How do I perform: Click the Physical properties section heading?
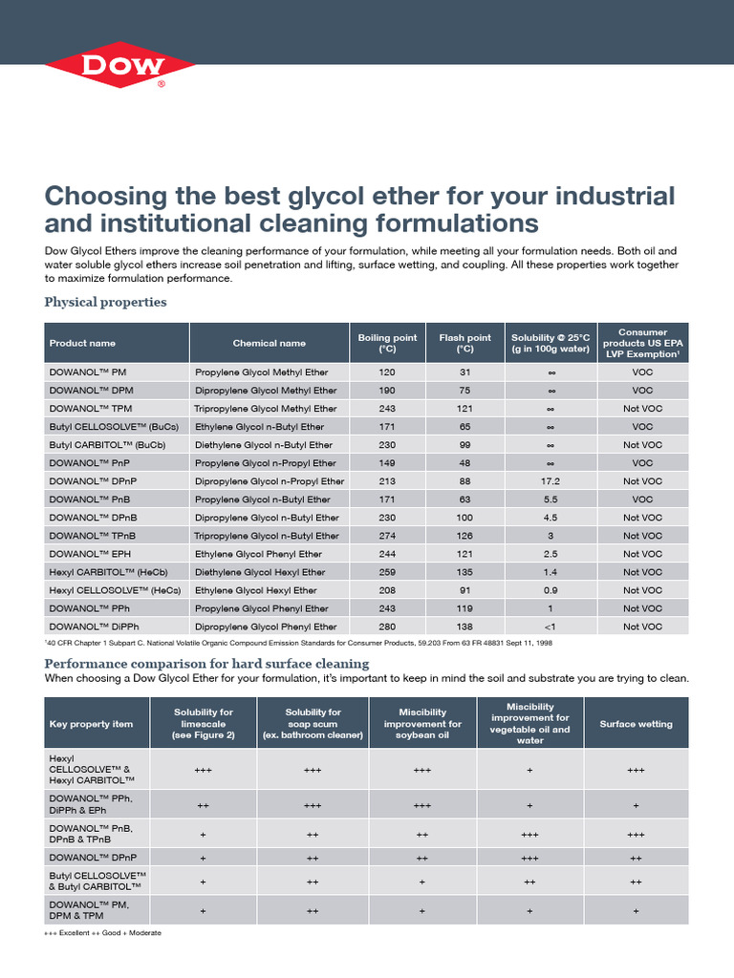click(x=106, y=302)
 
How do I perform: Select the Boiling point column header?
click(x=387, y=343)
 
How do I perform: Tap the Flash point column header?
click(x=464, y=343)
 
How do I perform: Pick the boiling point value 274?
click(x=387, y=536)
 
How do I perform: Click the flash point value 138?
click(x=464, y=627)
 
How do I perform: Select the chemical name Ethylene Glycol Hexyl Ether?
click(x=257, y=590)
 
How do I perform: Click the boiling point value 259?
click(x=387, y=572)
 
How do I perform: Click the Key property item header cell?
click(x=92, y=724)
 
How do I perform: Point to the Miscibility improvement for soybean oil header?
click(x=422, y=724)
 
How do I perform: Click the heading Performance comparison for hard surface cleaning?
click(x=206, y=663)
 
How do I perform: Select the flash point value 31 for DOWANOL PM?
click(x=464, y=372)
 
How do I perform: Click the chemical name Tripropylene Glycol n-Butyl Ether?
click(x=267, y=536)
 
